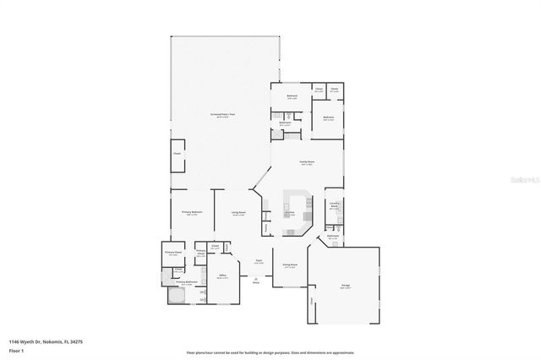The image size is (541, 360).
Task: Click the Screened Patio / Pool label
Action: tap(222, 115)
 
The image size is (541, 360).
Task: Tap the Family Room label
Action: tap(307, 162)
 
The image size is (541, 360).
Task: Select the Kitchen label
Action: tap(289, 213)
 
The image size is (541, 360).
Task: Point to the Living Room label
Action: tap(238, 213)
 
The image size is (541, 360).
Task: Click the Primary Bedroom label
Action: tap(192, 212)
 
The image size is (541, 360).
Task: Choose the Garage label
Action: tap(346, 286)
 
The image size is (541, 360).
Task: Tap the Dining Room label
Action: tap(288, 265)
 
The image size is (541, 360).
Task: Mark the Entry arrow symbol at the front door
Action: tap(255, 280)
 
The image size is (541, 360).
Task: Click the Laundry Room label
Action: tap(333, 205)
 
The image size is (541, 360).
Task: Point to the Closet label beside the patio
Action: tap(178, 154)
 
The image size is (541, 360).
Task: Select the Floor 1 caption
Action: tap(17, 349)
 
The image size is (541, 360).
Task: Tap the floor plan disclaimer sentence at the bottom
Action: tap(270, 352)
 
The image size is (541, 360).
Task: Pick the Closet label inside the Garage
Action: tap(311, 300)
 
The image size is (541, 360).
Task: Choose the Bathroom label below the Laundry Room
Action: tap(333, 238)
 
